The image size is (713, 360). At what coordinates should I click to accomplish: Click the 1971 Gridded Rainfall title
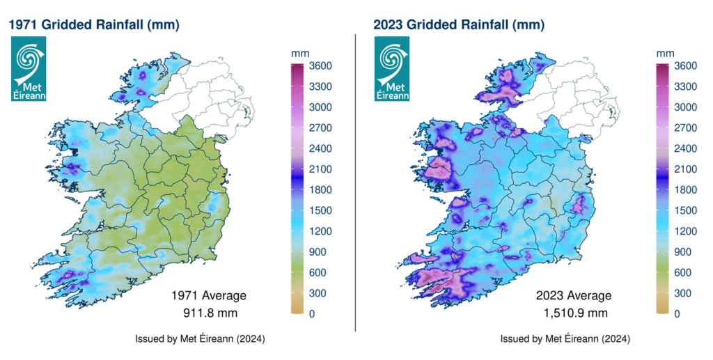coord(94,25)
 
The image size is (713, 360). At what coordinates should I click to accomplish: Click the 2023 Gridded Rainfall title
coord(459,25)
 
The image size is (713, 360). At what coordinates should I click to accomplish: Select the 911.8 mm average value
coord(209,311)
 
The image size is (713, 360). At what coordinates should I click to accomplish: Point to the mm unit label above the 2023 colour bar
coord(664,53)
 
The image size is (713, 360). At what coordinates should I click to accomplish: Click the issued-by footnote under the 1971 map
coord(200,339)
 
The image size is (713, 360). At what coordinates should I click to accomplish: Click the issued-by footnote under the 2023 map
coord(565,339)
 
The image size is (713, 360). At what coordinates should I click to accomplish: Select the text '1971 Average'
coord(209,296)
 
